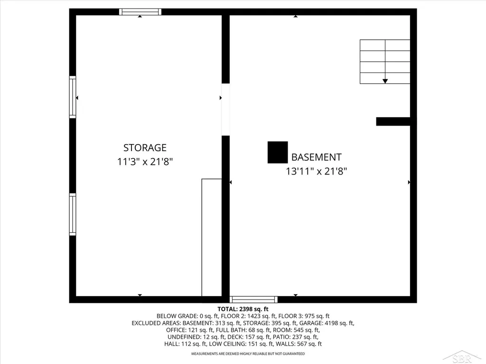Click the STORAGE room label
coord(145,148)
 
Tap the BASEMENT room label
coord(316,157)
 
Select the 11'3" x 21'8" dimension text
coord(145,162)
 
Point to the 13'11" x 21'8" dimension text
coord(316,171)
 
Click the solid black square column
coord(278,152)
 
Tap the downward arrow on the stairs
coord(385,81)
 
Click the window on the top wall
coord(140,12)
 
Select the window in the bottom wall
coord(253,300)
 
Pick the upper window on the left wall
coord(73,97)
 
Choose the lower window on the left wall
coord(73,215)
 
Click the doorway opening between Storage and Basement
coord(225,109)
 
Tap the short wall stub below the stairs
coord(393,121)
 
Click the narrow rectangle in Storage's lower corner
coord(212,238)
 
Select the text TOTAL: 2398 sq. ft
coord(243,309)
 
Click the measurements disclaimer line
coord(248,354)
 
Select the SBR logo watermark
coord(462,357)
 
